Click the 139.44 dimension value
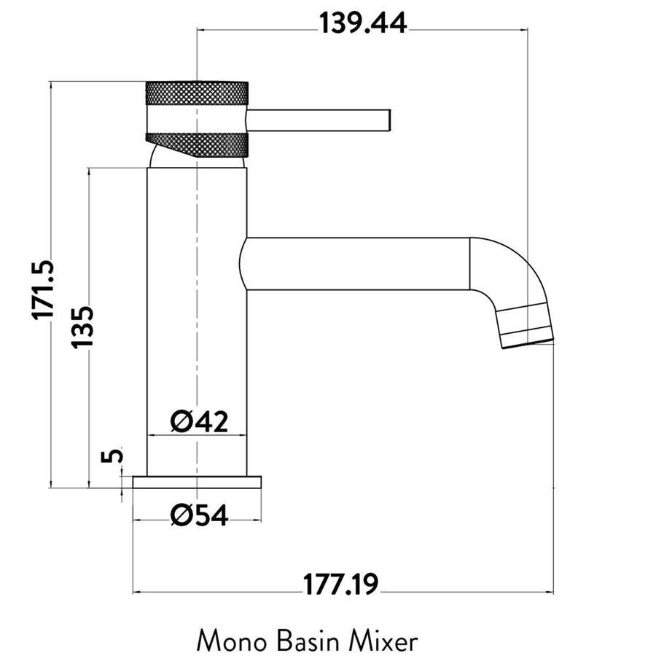click(x=363, y=23)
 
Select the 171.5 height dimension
click(x=43, y=290)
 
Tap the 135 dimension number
click(x=82, y=327)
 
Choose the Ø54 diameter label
click(x=199, y=515)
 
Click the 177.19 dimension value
click(x=340, y=585)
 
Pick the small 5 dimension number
click(x=112, y=455)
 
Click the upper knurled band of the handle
click(x=197, y=93)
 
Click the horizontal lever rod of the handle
click(x=319, y=120)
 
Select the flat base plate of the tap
click(x=197, y=482)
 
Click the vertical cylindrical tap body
click(x=197, y=321)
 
